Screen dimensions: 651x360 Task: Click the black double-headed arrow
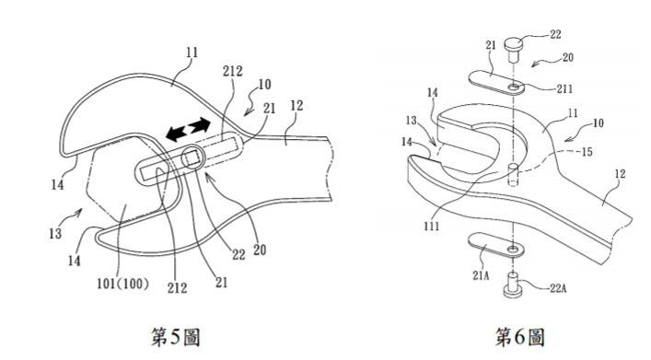tap(188, 129)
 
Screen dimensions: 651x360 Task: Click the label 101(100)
tap(122, 284)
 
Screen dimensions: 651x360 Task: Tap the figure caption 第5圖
tap(175, 337)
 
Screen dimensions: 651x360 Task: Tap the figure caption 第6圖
tap(519, 337)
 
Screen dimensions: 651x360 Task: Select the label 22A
tap(558, 288)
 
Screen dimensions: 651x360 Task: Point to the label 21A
tap(481, 275)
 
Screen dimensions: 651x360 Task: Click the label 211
tap(564, 89)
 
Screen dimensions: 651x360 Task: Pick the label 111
tap(432, 226)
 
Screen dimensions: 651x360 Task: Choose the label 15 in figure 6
tap(587, 152)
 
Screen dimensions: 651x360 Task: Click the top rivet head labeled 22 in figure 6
tap(515, 43)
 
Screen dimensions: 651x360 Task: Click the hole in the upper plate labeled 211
tap(514, 87)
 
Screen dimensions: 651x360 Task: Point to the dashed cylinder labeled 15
tap(514, 175)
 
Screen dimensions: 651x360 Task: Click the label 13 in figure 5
tap(55, 234)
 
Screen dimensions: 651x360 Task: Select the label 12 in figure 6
tap(620, 174)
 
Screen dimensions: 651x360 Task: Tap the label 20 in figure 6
tap(567, 57)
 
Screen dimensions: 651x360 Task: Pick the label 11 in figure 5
tap(192, 52)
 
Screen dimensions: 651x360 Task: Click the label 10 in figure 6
tap(598, 122)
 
